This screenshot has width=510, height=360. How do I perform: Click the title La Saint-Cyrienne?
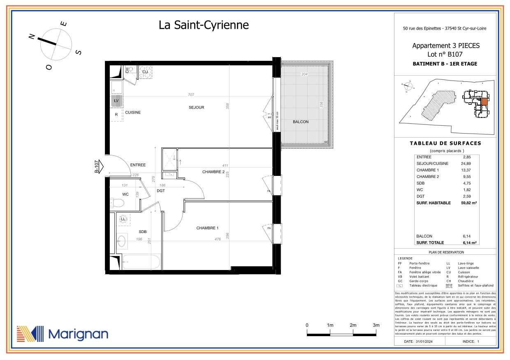[204, 25]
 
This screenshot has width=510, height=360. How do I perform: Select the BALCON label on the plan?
[300, 122]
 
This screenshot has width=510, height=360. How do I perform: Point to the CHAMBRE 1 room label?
[207, 228]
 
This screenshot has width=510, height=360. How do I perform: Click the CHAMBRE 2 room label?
[213, 172]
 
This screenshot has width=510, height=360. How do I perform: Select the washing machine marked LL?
[123, 219]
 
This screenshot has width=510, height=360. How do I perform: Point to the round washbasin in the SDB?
[121, 241]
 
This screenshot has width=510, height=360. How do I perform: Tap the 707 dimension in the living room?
[191, 95]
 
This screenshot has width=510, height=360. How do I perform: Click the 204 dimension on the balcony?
[305, 74]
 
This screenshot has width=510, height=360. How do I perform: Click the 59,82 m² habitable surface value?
[468, 203]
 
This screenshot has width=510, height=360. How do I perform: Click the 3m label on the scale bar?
[376, 325]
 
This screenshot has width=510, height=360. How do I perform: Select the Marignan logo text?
[78, 334]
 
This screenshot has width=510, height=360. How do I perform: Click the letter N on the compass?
[31, 37]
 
